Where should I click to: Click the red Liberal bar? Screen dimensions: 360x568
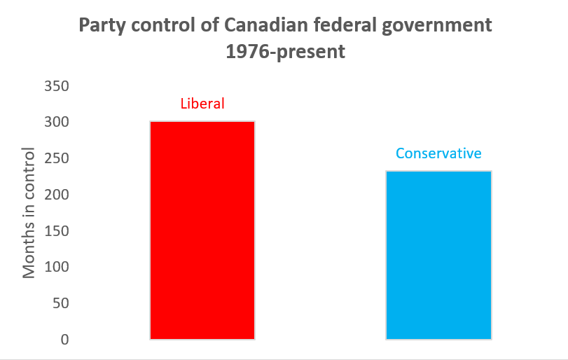click(x=202, y=230)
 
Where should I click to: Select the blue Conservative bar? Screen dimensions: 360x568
click(x=438, y=255)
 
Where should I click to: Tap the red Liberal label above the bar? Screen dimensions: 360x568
click(x=202, y=104)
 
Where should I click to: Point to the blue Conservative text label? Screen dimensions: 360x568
click(x=438, y=153)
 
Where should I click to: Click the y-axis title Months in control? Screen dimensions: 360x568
click(x=29, y=213)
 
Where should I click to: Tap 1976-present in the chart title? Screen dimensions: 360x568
click(x=285, y=52)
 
